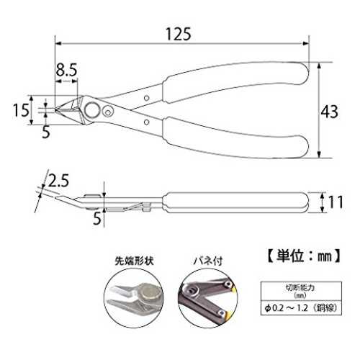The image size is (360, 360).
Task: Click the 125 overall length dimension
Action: tap(179, 34)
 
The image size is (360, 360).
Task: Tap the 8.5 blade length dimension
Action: tap(66, 70)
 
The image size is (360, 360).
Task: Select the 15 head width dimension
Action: tap(21, 110)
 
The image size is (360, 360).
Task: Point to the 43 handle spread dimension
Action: tap(330, 112)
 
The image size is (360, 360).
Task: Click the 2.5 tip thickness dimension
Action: tap(58, 181)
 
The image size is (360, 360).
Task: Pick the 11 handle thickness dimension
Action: tap(336, 202)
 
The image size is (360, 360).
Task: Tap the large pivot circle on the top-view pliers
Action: tap(93, 110)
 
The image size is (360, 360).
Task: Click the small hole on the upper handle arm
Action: tap(146, 98)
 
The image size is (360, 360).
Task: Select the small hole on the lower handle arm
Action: tap(146, 122)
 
